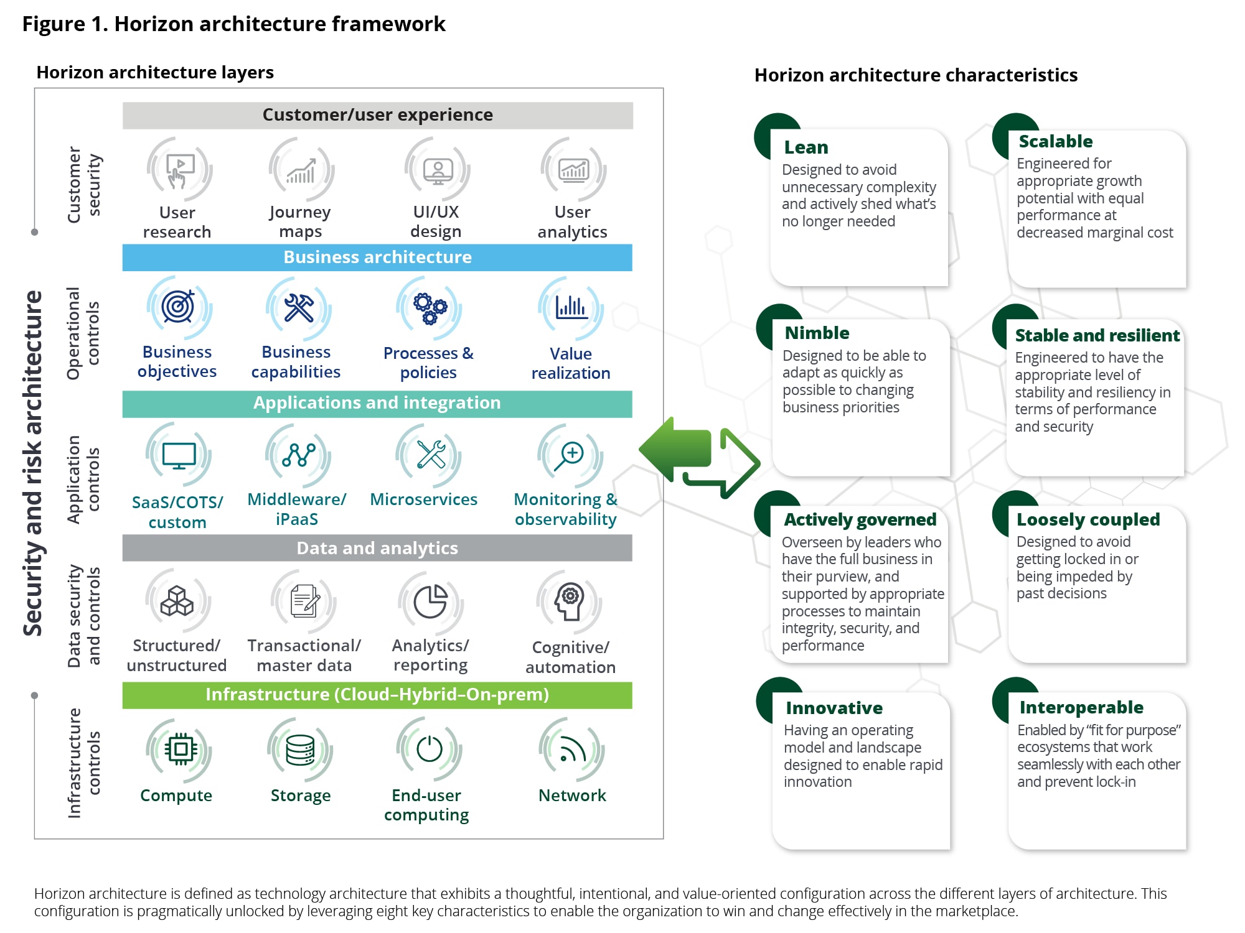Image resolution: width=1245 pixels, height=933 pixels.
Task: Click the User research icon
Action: (x=179, y=169)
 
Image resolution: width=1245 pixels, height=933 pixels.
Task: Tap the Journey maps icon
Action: (x=301, y=170)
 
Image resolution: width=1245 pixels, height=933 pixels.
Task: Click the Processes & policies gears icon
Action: (x=430, y=308)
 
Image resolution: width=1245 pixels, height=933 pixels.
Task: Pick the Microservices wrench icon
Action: (x=430, y=455)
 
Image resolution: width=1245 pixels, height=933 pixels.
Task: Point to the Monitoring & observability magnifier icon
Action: (x=570, y=455)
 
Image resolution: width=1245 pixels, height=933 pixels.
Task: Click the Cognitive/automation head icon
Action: (x=570, y=601)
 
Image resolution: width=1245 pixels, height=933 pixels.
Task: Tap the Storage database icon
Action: (x=300, y=750)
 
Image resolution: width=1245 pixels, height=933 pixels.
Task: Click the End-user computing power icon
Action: (x=429, y=749)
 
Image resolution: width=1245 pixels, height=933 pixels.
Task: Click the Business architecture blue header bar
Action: (x=377, y=258)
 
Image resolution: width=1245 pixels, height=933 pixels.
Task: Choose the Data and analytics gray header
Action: (x=377, y=548)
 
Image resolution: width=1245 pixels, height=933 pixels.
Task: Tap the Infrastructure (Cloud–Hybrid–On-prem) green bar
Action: (x=377, y=695)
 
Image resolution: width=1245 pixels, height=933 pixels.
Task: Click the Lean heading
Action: (x=806, y=147)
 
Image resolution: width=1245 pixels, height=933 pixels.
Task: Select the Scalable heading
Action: (x=1056, y=142)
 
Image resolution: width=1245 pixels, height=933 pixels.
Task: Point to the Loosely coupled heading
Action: (x=1088, y=519)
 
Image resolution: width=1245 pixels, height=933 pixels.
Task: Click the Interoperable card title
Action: (x=1081, y=707)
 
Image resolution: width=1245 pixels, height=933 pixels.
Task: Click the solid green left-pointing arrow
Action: (x=675, y=448)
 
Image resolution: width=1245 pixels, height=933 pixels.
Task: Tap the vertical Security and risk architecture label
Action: (x=33, y=463)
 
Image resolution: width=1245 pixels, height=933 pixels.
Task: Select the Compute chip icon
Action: (x=180, y=750)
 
